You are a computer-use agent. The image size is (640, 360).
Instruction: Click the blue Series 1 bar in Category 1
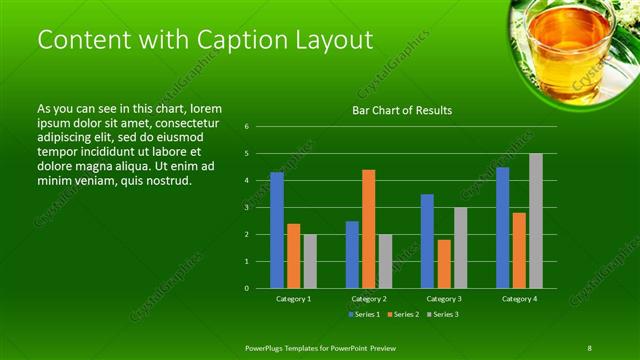[277, 230]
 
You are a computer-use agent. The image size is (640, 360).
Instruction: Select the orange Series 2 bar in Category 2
[368, 229]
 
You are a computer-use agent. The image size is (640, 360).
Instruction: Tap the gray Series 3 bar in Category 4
[535, 220]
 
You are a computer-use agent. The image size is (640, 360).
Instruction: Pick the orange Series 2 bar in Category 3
[444, 264]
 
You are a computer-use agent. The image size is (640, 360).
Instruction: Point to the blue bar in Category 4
[502, 227]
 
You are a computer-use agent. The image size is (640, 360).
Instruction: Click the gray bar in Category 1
[310, 261]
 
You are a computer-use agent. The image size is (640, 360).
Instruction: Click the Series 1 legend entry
[363, 314]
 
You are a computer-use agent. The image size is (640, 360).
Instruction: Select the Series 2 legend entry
[403, 314]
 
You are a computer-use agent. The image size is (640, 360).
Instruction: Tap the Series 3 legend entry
[443, 314]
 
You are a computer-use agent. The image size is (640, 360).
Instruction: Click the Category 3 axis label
[443, 299]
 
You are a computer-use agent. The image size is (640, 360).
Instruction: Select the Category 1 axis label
[293, 299]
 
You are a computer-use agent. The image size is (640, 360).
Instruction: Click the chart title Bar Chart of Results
[402, 110]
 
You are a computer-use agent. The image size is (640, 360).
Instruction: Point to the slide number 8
[590, 346]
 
